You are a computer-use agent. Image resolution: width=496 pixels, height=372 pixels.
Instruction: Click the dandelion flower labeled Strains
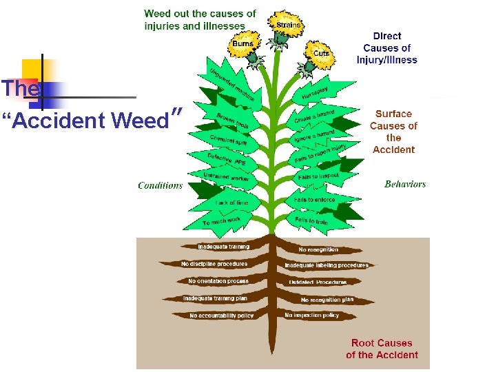287,25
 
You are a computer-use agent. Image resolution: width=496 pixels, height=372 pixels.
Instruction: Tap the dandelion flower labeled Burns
242,45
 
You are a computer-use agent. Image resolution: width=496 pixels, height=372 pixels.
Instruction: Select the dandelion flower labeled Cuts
320,54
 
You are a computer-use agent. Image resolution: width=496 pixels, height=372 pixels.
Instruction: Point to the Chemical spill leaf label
228,139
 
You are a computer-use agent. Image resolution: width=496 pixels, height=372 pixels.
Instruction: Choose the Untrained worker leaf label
225,178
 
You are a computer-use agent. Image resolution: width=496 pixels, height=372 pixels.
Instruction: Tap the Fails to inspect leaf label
318,177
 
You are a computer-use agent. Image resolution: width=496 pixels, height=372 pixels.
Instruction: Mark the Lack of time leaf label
232,203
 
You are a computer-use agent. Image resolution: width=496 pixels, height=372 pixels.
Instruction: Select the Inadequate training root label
223,247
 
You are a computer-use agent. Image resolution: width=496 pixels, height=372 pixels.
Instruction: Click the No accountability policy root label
222,316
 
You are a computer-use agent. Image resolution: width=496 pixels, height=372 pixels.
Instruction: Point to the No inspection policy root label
311,315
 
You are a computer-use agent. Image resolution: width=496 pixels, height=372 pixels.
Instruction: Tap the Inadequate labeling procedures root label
327,265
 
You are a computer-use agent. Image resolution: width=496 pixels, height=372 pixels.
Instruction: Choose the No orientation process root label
218,281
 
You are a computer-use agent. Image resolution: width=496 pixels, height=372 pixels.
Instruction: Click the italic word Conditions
160,185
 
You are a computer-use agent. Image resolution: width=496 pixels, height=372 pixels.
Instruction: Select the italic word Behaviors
405,184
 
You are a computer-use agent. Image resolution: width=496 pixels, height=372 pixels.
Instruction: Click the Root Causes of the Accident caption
382,349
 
